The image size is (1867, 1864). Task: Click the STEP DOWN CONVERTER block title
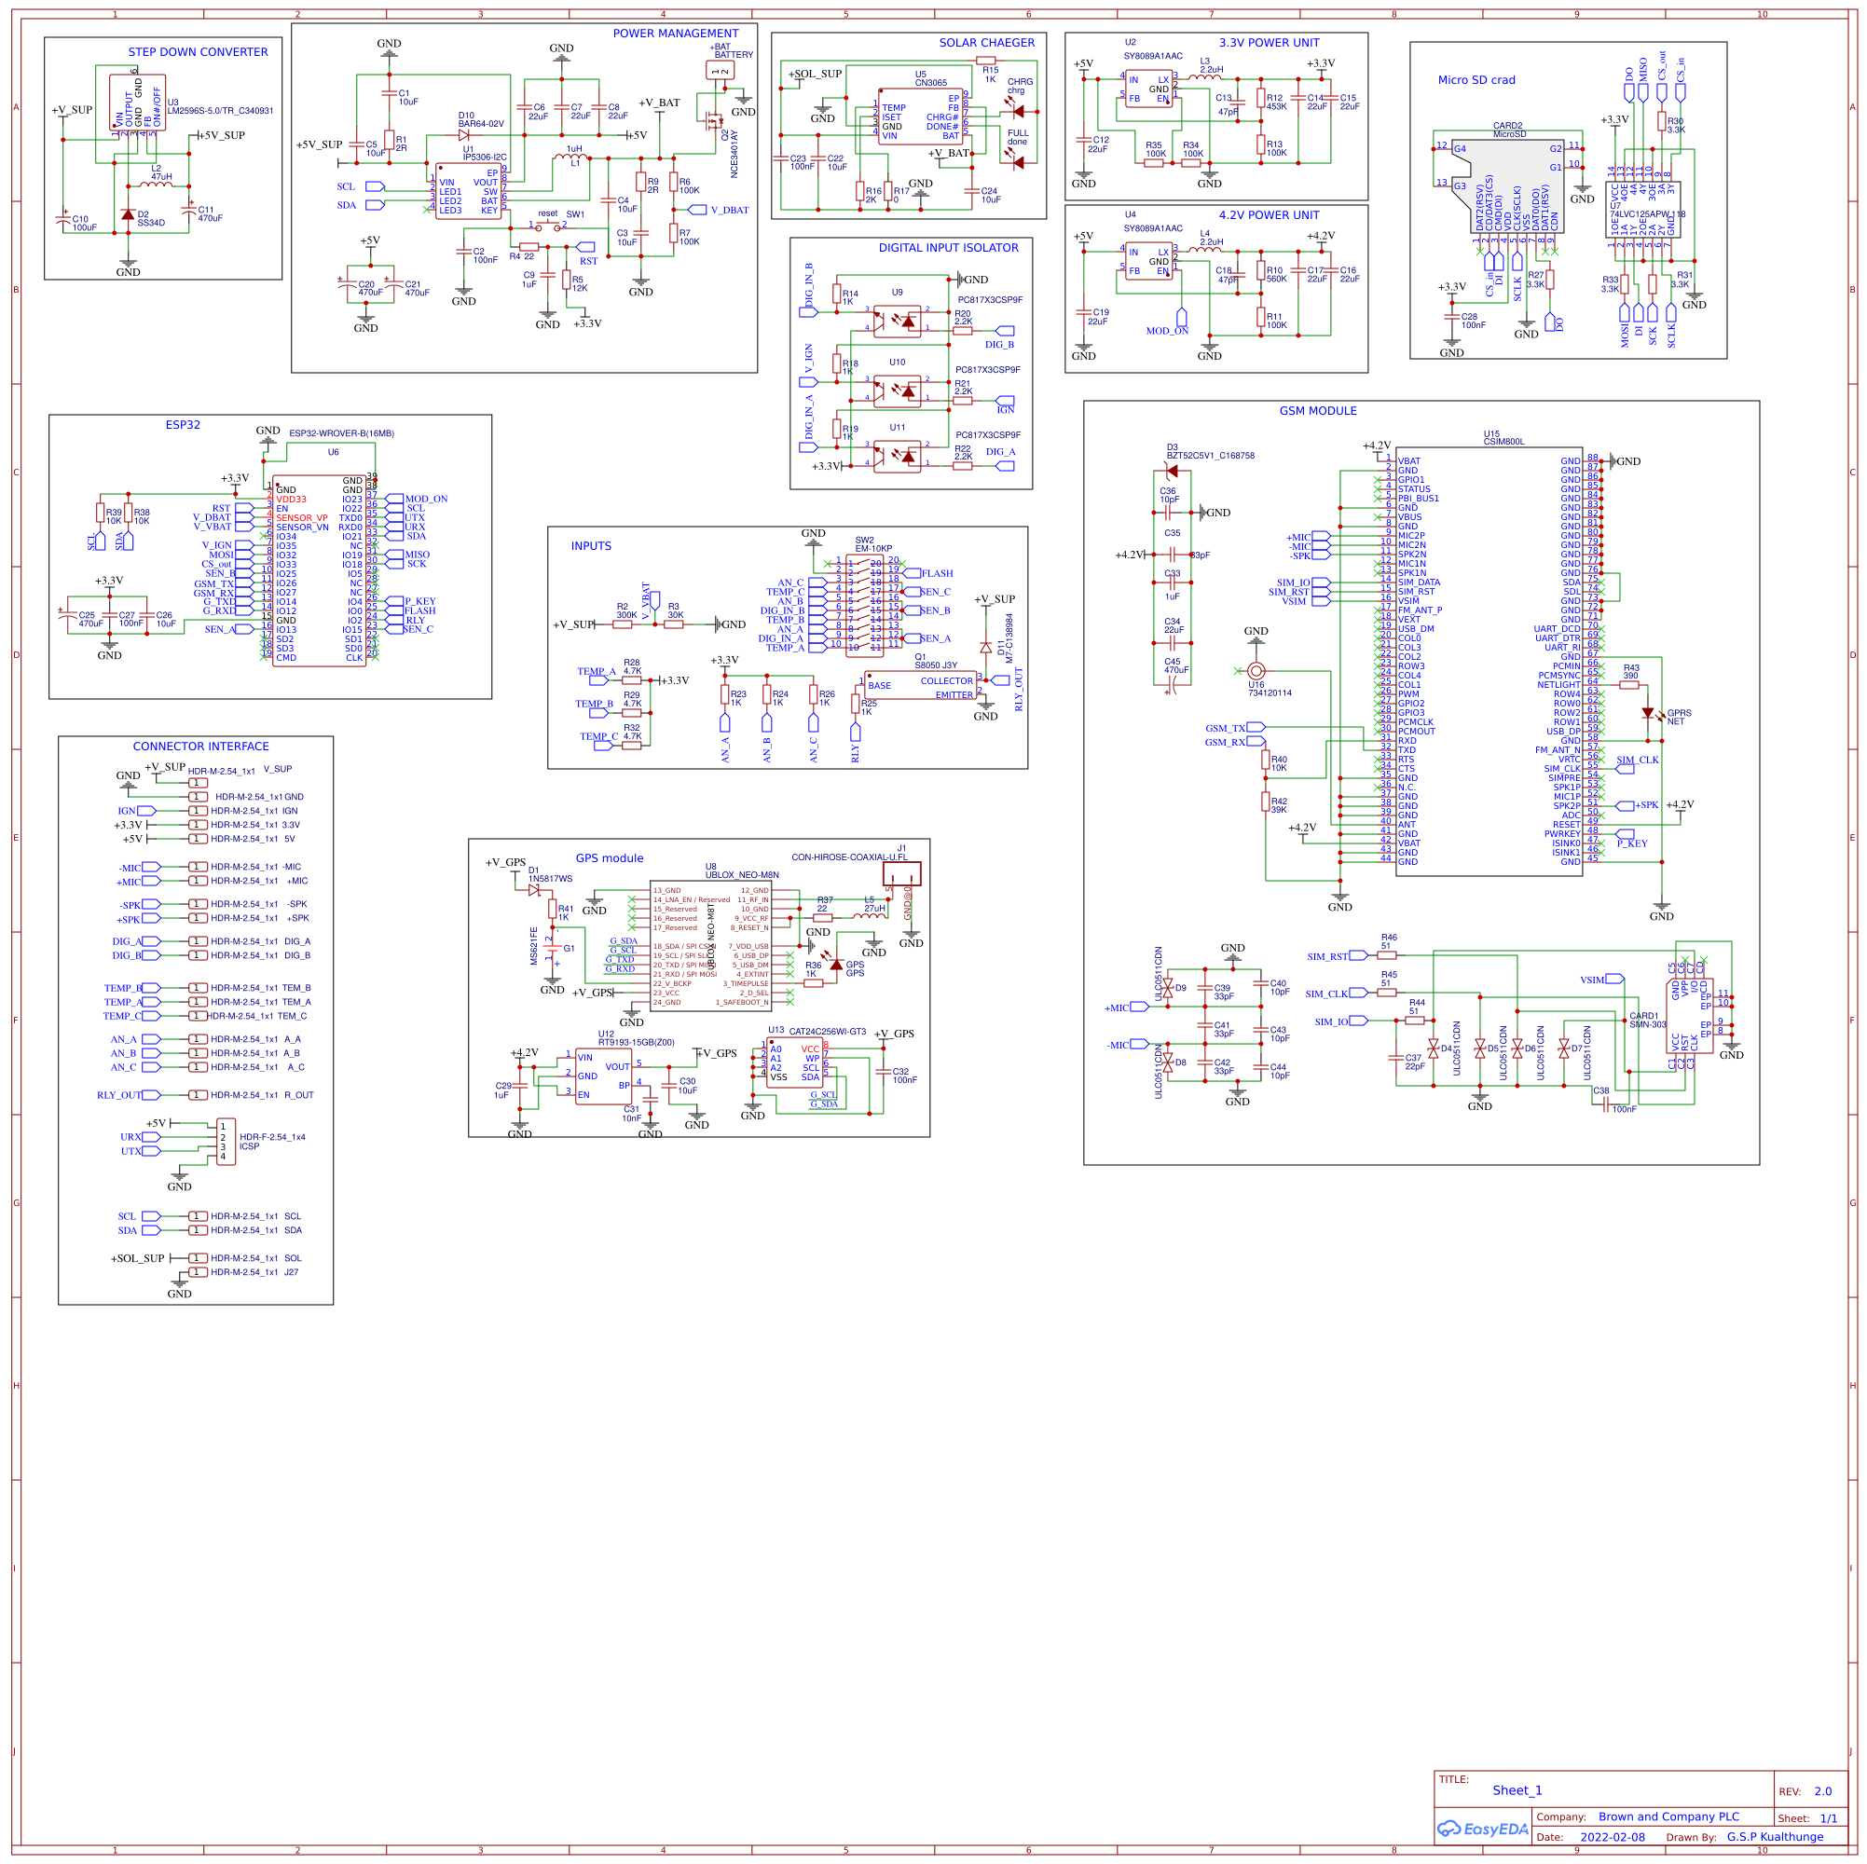click(x=199, y=52)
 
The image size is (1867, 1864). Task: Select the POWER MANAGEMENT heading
click(x=676, y=34)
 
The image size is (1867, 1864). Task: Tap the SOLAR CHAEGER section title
click(x=987, y=44)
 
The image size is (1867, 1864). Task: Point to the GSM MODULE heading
click(x=1318, y=412)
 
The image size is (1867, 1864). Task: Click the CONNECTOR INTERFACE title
click(x=201, y=747)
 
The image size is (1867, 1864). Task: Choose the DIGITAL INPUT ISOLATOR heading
click(x=948, y=248)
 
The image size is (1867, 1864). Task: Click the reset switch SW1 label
click(x=575, y=214)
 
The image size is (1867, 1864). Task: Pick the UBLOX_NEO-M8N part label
click(x=741, y=875)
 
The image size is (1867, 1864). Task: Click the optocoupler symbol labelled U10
click(x=897, y=390)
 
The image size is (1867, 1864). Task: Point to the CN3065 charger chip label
click(x=930, y=83)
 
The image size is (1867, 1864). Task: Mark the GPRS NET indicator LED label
click(x=1679, y=717)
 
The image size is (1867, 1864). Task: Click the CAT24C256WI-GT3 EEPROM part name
click(x=827, y=1032)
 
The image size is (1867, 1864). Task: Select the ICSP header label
click(x=249, y=1147)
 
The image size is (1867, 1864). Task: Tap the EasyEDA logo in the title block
click(x=1481, y=1830)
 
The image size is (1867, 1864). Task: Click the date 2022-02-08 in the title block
click(x=1612, y=1838)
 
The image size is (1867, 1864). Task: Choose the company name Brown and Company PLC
click(x=1668, y=1817)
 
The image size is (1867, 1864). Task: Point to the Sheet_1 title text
click(x=1517, y=1791)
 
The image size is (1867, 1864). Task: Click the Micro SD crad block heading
click(x=1476, y=81)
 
